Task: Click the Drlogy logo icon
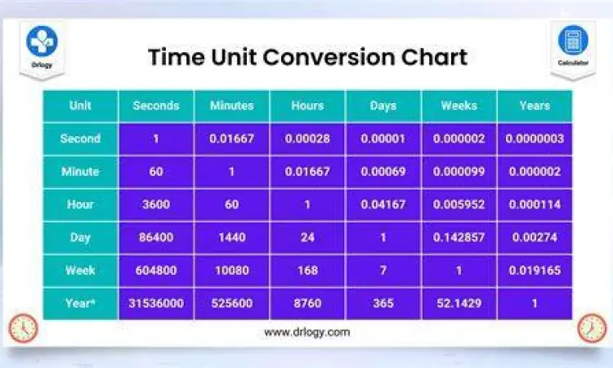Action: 40,42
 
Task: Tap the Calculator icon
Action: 572,40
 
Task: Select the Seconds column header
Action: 156,105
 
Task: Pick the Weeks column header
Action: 459,105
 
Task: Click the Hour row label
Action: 80,204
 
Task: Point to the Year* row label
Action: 80,303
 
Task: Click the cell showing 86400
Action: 156,237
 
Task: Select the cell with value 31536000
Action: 156,303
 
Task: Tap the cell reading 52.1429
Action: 459,303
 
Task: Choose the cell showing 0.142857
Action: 459,237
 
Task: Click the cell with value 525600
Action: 232,303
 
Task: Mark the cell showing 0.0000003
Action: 535,138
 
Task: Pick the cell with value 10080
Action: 232,270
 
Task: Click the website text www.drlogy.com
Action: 306,332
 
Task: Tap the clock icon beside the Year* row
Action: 23,328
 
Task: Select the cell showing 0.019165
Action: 535,270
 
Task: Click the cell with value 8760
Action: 307,303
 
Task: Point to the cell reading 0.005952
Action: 459,204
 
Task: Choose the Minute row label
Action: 80,172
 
